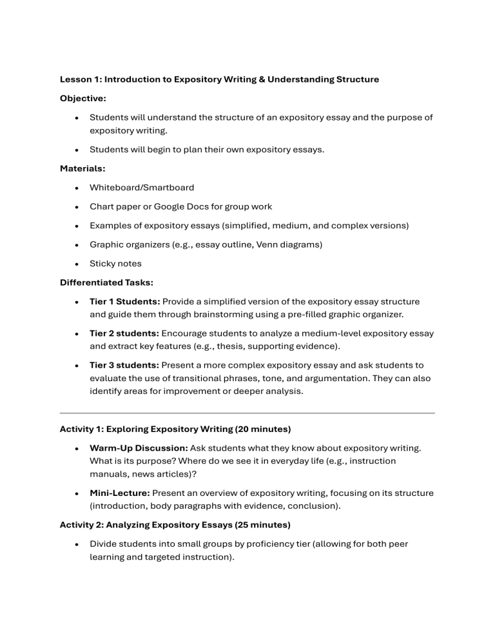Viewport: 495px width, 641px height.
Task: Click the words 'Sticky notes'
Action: point(116,263)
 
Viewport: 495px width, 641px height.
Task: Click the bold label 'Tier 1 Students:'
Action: point(125,301)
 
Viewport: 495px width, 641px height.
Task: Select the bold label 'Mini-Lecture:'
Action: point(120,493)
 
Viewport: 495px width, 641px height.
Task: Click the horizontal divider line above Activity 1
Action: point(247,413)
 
